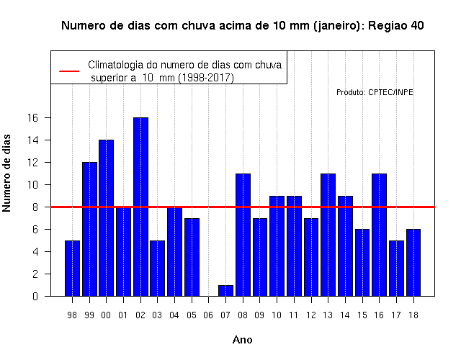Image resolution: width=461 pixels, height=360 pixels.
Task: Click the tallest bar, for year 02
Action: [x=140, y=207]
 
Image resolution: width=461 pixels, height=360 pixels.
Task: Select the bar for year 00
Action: [x=106, y=217]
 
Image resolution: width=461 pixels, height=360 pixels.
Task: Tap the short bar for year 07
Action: [x=225, y=290]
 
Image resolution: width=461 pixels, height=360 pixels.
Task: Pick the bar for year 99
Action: [x=89, y=229]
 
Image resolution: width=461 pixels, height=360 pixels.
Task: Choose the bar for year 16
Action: [x=380, y=235]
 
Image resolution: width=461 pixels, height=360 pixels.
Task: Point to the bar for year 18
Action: [x=413, y=262]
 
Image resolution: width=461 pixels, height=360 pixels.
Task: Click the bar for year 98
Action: [x=72, y=268]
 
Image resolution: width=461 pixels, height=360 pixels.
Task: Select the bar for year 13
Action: [x=328, y=235]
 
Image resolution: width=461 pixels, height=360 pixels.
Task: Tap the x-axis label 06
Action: [x=208, y=315]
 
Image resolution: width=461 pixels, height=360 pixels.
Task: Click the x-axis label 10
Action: [x=277, y=315]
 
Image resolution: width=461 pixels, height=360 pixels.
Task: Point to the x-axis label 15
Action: [x=362, y=315]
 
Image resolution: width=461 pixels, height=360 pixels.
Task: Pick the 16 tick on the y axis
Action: [x=33, y=118]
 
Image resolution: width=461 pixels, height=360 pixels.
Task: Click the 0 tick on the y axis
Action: [x=35, y=296]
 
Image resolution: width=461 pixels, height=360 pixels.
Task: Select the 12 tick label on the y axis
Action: [x=33, y=163]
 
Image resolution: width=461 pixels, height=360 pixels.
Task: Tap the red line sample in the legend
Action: [x=69, y=71]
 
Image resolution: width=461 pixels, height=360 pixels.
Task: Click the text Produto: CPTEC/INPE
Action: [x=375, y=92]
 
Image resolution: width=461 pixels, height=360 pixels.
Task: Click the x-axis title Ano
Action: [x=242, y=340]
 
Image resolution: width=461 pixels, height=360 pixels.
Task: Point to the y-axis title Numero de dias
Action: [x=6, y=173]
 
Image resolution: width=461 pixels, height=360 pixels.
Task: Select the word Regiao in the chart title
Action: [x=388, y=26]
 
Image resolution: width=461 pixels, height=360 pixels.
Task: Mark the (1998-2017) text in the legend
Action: [x=207, y=78]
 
